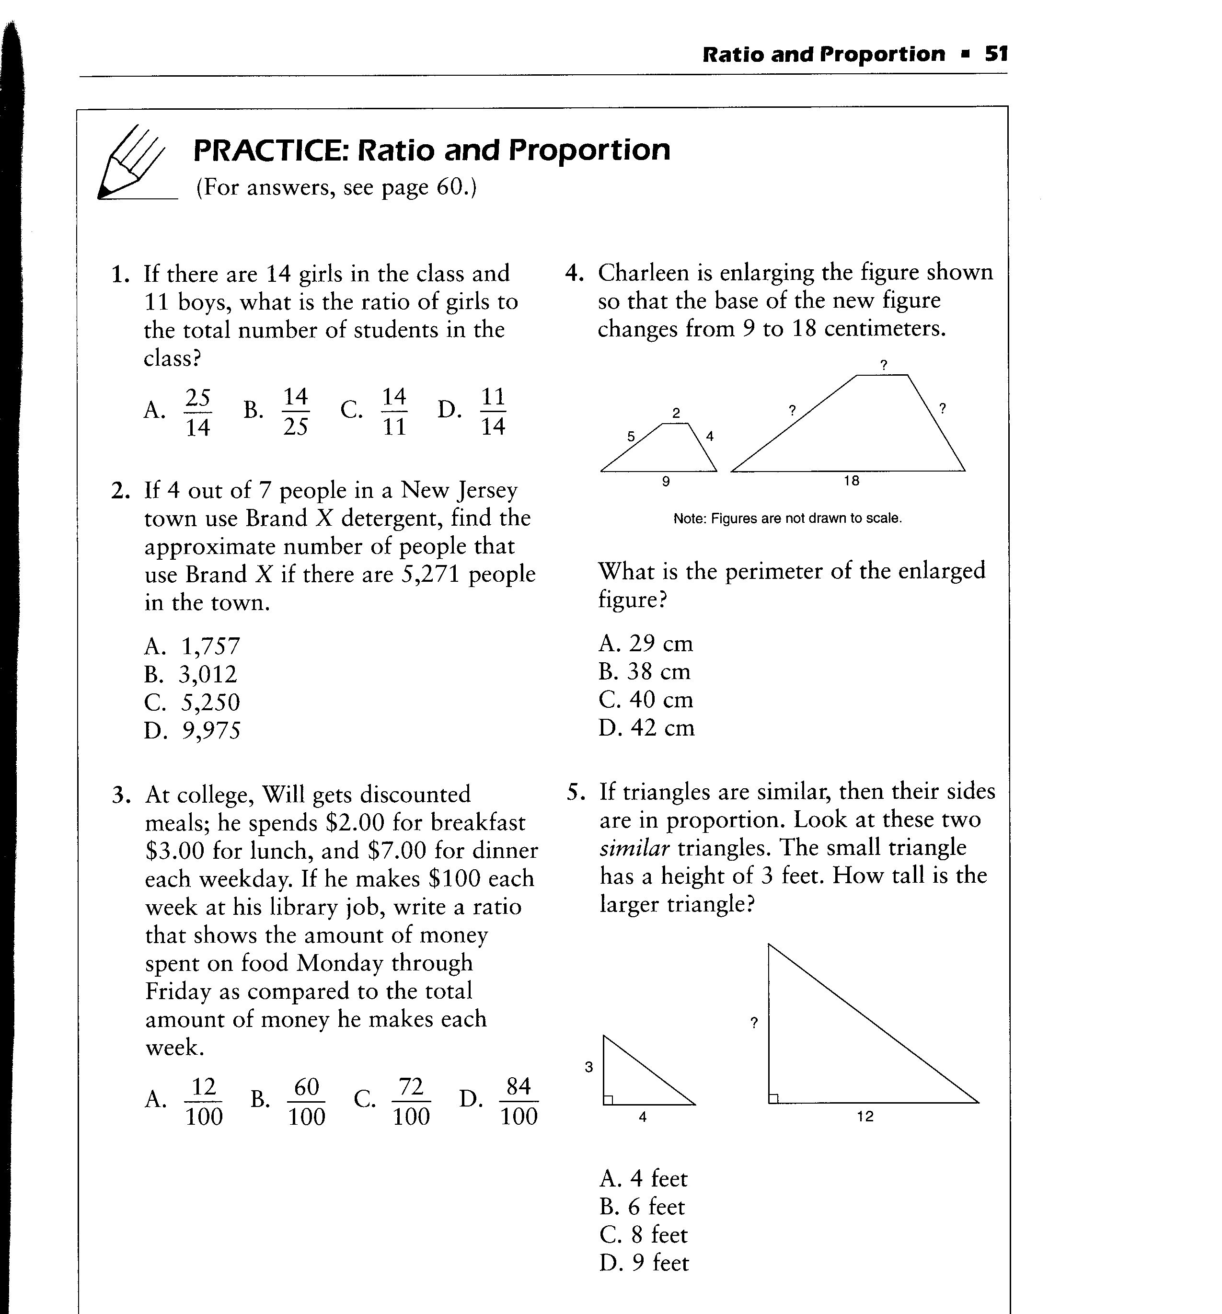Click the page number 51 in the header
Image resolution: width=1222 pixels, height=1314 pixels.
coord(996,54)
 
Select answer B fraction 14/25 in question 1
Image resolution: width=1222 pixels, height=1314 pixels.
coord(295,411)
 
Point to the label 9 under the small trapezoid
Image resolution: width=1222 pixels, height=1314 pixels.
coord(666,482)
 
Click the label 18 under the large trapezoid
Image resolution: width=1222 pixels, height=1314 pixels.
coord(851,481)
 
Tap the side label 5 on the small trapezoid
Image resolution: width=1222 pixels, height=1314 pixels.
coord(631,436)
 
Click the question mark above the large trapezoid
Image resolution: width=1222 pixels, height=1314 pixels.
coord(884,364)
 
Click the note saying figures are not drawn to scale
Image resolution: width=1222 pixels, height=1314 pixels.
coord(787,518)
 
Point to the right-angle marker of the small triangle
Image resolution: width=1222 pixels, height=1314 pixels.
coord(608,1099)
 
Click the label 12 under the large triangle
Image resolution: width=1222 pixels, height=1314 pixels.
coord(865,1117)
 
